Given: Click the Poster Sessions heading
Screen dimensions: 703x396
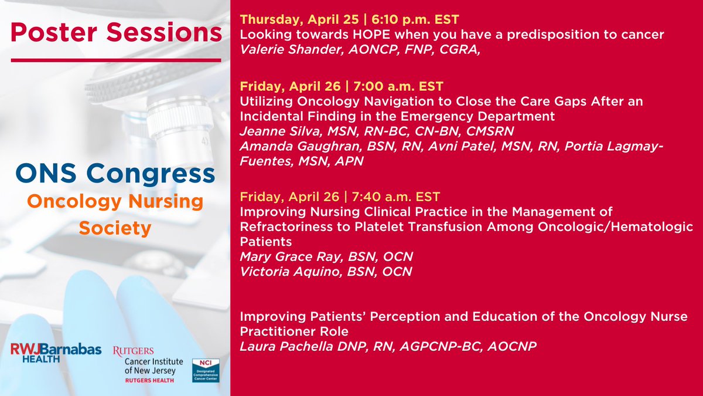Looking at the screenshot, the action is click(x=116, y=32).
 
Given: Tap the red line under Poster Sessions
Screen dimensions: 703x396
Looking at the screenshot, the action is click(x=116, y=60).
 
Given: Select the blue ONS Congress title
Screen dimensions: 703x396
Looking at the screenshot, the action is click(x=115, y=174).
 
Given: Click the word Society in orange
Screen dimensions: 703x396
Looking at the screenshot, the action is click(x=115, y=228).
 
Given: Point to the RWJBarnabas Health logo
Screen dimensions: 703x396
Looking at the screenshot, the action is click(x=56, y=353).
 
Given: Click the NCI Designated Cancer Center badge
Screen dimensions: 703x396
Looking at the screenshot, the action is click(x=206, y=370).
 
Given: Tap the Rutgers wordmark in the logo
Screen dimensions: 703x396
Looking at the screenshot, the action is click(x=134, y=351).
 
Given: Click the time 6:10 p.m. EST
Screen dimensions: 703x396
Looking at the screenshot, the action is click(x=415, y=19).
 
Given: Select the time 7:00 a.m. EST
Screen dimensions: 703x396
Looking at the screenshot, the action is click(x=398, y=86).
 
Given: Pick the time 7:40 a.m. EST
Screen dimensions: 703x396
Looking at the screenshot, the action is click(x=396, y=197).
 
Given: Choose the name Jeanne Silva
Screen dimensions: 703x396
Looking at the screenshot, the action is click(x=281, y=131).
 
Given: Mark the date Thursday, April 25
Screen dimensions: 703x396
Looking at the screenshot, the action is click(x=299, y=19).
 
